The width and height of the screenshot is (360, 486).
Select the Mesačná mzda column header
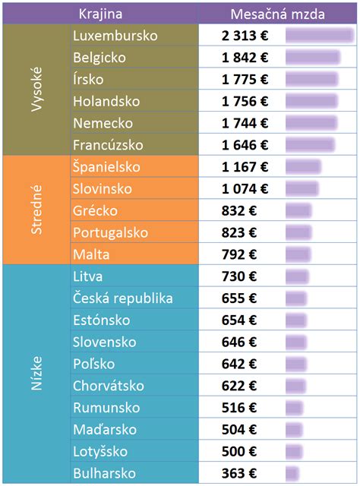coord(278,13)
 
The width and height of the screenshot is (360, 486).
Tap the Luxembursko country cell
coord(115,36)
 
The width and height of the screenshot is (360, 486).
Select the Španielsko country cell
coord(106,167)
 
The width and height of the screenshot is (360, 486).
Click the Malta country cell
coord(90,254)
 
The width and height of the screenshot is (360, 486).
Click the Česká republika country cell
coord(122,298)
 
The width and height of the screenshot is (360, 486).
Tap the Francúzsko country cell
coord(108,145)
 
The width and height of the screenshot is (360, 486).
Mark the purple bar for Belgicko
coord(312,58)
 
